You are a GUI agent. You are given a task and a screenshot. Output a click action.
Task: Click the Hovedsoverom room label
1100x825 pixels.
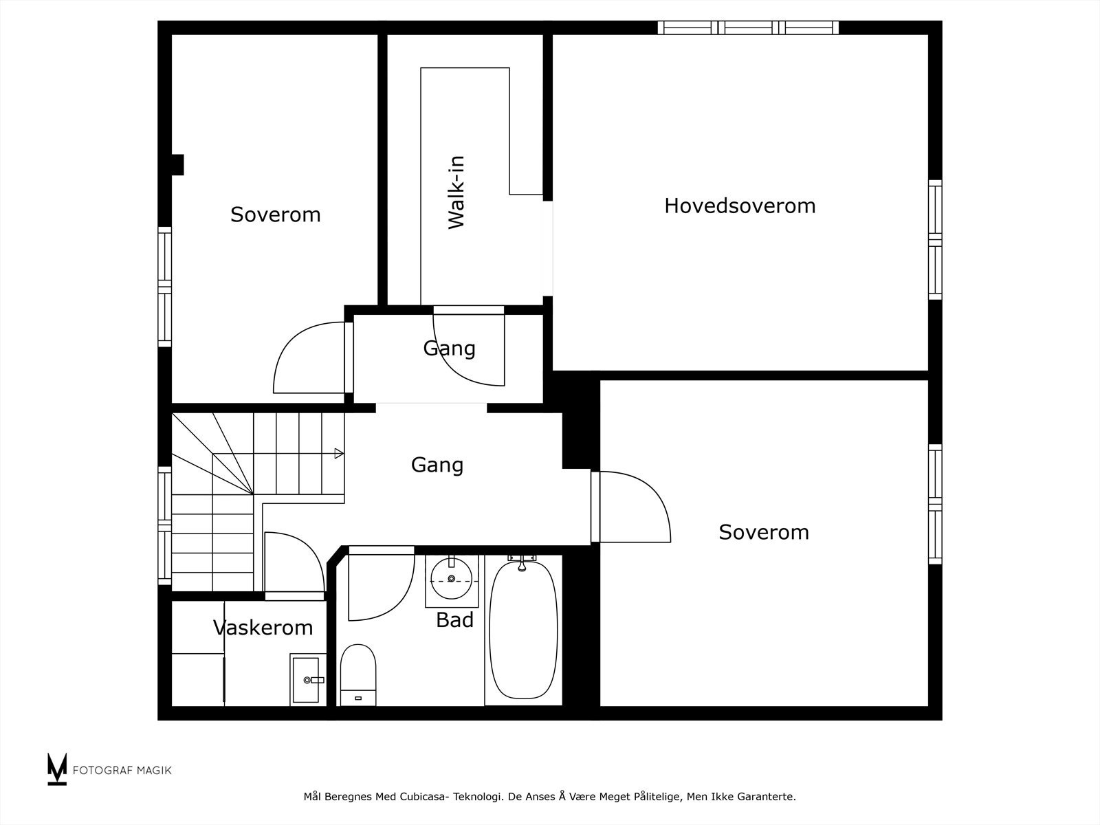[x=740, y=206]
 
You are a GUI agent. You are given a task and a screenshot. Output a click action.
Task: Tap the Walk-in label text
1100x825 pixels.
[x=456, y=192]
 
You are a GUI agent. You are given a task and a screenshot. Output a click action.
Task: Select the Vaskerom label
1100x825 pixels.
[x=263, y=627]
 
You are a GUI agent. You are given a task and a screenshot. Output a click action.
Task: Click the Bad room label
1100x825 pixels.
[x=454, y=620]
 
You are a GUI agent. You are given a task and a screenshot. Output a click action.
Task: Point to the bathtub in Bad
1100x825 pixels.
[x=522, y=631]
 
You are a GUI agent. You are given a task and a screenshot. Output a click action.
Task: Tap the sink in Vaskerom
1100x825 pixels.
[x=306, y=680]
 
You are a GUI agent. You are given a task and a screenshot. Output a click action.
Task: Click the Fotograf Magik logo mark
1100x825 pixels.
[x=57, y=769]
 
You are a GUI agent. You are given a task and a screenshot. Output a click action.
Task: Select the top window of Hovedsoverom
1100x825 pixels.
[x=748, y=27]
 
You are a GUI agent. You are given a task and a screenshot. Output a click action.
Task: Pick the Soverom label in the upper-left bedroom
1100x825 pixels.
[x=275, y=214]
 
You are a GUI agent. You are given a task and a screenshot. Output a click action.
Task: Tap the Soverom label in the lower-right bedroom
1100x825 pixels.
[x=763, y=532]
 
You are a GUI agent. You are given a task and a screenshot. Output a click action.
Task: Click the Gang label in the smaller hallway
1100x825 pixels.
[x=449, y=348]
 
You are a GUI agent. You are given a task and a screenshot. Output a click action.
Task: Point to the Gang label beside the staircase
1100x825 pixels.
[x=437, y=465]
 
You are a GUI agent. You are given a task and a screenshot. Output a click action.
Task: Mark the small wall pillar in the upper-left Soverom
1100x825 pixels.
[x=177, y=165]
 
